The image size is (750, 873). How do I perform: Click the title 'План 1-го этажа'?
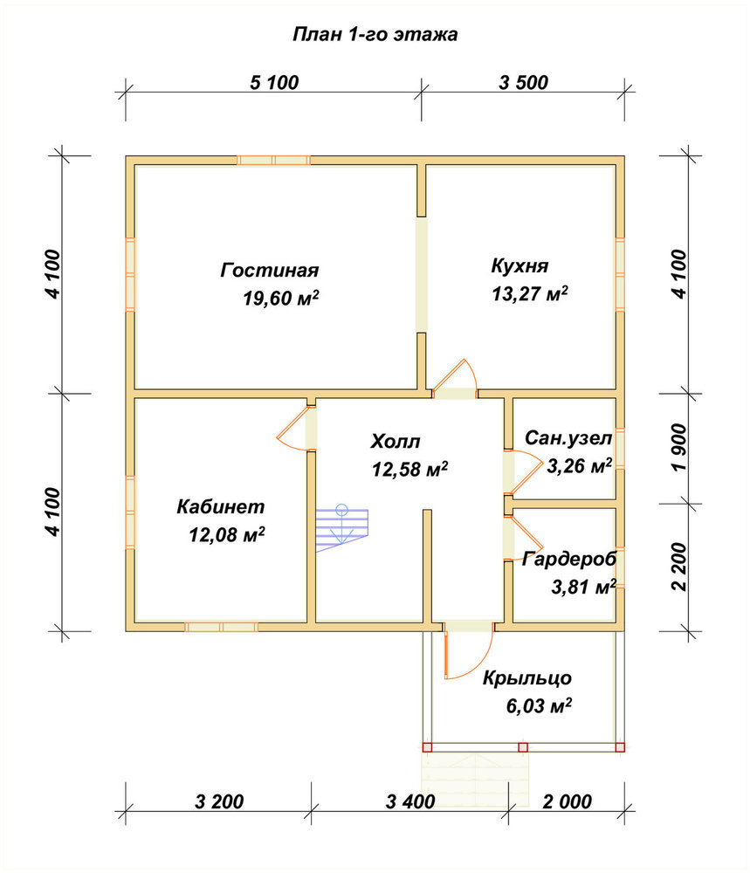[375, 35]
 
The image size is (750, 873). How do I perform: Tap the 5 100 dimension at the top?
[274, 82]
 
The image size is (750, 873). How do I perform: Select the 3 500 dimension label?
[523, 82]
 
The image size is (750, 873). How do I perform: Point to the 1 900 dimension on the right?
[679, 447]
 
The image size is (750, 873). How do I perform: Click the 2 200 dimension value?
[679, 567]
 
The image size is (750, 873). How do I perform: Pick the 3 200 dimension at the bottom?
[219, 801]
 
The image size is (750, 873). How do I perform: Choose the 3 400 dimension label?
[410, 801]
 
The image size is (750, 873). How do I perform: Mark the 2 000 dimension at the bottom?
[568, 801]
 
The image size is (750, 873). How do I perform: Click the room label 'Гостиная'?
[270, 270]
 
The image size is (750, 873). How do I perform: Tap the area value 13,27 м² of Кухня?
[529, 293]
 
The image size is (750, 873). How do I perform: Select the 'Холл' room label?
[396, 442]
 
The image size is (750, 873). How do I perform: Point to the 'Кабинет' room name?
[221, 506]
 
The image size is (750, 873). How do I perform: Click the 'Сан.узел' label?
[568, 438]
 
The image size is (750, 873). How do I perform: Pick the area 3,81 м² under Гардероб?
[583, 587]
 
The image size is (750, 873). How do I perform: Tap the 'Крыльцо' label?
[526, 678]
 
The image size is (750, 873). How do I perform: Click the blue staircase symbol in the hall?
[342, 528]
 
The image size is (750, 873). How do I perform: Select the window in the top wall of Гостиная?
[273, 161]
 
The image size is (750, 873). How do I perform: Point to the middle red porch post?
[523, 747]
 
